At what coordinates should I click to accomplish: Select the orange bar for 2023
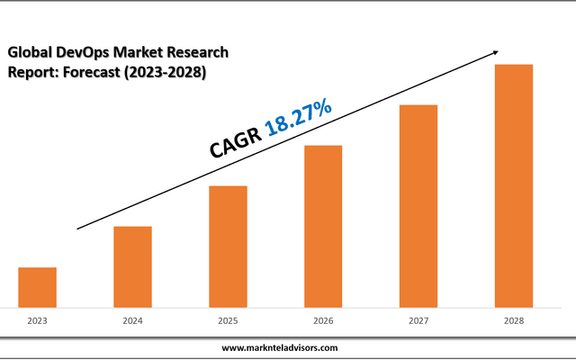(38, 287)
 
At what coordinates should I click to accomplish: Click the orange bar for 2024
(132, 266)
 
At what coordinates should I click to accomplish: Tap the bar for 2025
(228, 246)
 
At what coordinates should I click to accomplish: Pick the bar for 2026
(323, 226)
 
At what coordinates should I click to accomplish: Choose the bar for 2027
(418, 206)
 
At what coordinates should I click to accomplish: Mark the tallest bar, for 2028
(514, 185)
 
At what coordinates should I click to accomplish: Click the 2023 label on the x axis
(38, 320)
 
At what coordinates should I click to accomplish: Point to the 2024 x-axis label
(132, 320)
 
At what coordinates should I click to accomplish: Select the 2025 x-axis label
(228, 320)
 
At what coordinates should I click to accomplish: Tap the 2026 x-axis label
(323, 320)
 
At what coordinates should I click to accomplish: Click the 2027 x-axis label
(418, 320)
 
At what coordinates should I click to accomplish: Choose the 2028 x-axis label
(514, 320)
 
